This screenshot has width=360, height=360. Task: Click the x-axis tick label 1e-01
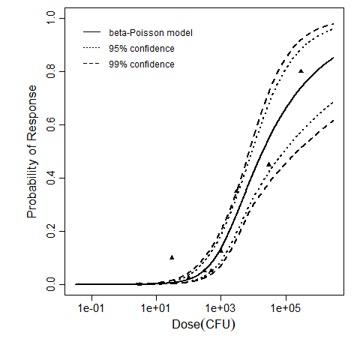coord(91,307)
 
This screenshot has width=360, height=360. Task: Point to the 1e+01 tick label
coord(155,307)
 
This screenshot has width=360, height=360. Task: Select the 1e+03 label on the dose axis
coord(220,307)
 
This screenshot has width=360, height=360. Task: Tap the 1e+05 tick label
coord(285,307)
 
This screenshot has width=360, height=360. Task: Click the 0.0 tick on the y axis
coord(49,285)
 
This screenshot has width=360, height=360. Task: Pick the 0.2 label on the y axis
coord(49,232)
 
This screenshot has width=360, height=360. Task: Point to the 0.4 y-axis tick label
coord(49,178)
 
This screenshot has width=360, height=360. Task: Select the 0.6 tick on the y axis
coord(49,125)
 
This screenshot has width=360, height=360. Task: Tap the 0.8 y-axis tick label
coord(49,72)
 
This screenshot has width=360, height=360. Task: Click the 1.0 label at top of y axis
coord(49,19)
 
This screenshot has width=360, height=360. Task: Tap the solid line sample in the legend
coord(91,34)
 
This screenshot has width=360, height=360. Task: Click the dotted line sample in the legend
coord(91,49)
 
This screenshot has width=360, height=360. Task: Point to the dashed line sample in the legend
coord(91,64)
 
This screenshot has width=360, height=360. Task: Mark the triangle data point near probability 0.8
coord(301,71)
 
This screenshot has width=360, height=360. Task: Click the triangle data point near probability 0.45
coord(268,164)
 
